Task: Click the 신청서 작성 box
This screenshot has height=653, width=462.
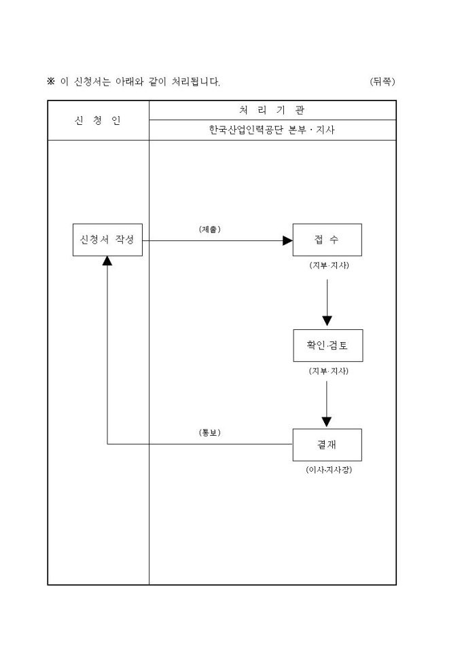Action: [107, 240]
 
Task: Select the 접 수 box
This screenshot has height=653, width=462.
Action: [327, 240]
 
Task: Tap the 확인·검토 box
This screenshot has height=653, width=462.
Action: [327, 346]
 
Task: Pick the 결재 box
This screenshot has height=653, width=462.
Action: [327, 445]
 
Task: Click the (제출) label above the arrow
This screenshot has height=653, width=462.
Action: [210, 229]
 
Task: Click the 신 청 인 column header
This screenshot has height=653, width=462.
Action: [98, 121]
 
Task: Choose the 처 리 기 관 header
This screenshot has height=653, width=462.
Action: [272, 110]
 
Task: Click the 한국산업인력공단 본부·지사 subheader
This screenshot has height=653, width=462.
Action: [272, 130]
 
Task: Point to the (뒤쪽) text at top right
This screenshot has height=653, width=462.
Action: [383, 82]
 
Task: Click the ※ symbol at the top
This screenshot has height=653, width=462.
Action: [50, 82]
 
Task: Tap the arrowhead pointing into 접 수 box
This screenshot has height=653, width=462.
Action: [287, 240]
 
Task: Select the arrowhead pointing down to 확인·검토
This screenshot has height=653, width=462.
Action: [327, 320]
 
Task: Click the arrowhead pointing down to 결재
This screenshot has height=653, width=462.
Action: [327, 421]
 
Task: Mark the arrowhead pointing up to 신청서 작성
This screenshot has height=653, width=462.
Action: [107, 261]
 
